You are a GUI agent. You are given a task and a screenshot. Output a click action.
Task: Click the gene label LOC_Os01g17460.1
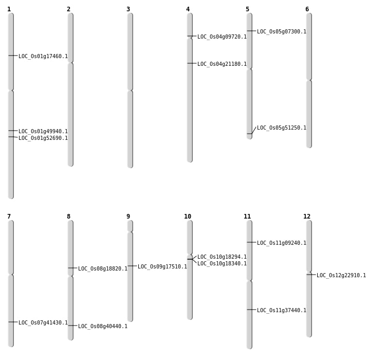pos(43,57)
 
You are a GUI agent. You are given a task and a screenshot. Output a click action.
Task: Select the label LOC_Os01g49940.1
pos(43,132)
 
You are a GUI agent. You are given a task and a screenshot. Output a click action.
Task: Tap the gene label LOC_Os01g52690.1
pos(43,138)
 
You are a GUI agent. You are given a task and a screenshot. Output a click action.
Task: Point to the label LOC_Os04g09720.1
pos(222,37)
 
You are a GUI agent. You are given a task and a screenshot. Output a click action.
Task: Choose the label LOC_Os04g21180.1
pos(222,64)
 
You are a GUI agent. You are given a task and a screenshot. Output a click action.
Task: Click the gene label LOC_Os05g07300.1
pos(282,32)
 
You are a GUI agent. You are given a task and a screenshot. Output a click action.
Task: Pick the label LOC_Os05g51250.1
pos(282,128)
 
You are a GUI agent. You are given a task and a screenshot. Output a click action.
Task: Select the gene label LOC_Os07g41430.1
pos(43,323)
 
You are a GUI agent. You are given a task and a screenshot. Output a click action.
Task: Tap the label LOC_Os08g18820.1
pos(103,269)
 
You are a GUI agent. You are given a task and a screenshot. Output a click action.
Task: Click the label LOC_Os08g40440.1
pos(103,327)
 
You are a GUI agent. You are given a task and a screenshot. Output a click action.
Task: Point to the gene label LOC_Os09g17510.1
pos(162,267)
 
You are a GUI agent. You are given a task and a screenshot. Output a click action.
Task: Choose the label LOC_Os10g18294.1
pos(222,257)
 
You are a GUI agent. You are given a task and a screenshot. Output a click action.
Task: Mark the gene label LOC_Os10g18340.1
pos(222,264)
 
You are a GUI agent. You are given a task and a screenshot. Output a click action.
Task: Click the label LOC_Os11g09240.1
pos(282,243)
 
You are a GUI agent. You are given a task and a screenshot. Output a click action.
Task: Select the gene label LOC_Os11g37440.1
pos(282,311)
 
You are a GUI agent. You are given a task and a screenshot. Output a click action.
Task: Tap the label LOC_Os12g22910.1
pos(341,276)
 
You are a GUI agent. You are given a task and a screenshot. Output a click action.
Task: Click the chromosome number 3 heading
pos(128,9)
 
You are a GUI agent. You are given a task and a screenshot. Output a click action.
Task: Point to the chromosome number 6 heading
pos(307,9)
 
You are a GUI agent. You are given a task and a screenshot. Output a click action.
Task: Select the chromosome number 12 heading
pos(307,217)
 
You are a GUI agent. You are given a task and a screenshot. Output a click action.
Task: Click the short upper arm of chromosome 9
pos(130,226)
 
